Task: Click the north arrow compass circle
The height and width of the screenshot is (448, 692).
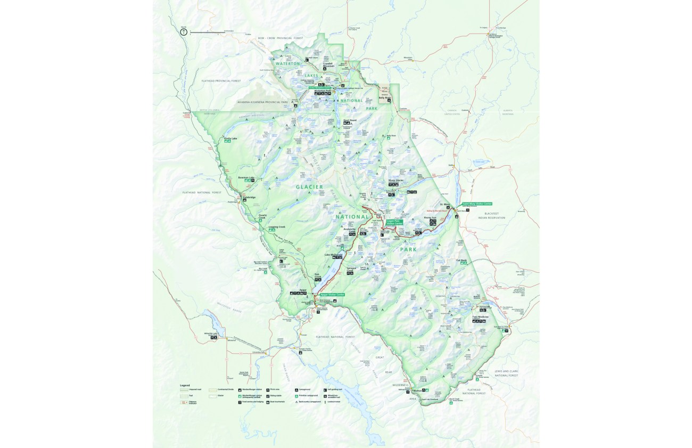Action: (x=184, y=32)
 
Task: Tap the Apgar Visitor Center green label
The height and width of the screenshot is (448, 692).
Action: (x=333, y=294)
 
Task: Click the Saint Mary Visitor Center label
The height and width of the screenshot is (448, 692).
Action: (x=477, y=203)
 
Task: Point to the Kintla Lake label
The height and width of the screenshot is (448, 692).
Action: (x=230, y=139)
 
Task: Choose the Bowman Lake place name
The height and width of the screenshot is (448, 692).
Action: (x=246, y=177)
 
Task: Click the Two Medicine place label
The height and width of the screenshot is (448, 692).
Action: (x=480, y=317)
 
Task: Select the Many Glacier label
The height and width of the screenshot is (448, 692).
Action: (x=396, y=180)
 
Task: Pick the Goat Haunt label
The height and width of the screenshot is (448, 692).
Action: (x=350, y=120)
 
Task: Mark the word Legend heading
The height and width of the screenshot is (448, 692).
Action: (x=185, y=385)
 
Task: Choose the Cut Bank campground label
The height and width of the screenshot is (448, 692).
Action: (x=461, y=260)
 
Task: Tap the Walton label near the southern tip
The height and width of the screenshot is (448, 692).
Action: (x=417, y=390)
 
